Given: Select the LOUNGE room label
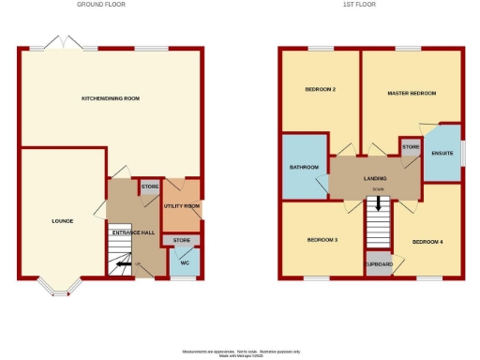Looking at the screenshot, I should coord(62,221).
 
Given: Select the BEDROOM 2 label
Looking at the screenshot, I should coord(320,91).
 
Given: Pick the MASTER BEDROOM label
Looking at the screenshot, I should coord(412,94).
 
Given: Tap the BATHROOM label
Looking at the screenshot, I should coord(304,167).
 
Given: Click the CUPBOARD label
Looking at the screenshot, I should coord(379,264).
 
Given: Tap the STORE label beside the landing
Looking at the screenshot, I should coord(410,147).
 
